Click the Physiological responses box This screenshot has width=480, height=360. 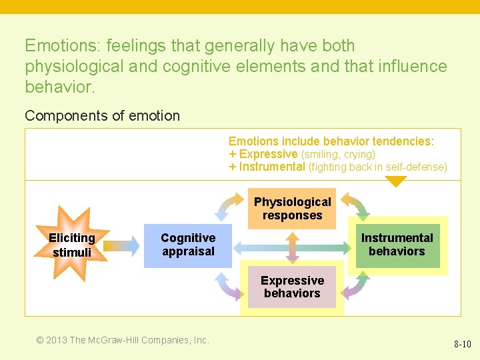pyautogui.click(x=292, y=209)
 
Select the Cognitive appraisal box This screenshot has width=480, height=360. pyautogui.click(x=188, y=245)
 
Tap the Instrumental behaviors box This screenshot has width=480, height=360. pyautogui.click(x=397, y=245)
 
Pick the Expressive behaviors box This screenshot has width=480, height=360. pyautogui.click(x=292, y=287)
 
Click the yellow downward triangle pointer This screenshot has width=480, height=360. pyautogui.click(x=396, y=181)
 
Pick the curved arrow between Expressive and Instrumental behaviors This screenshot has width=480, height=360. pyautogui.click(x=354, y=285)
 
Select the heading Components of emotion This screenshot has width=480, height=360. pyautogui.click(x=102, y=116)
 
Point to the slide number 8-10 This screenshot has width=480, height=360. pyautogui.click(x=462, y=345)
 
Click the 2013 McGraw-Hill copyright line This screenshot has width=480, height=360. pyautogui.click(x=123, y=340)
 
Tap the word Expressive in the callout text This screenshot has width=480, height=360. pyautogui.click(x=268, y=154)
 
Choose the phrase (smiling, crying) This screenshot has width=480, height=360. pyautogui.click(x=338, y=154)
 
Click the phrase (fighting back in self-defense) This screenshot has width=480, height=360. pyautogui.click(x=378, y=167)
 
